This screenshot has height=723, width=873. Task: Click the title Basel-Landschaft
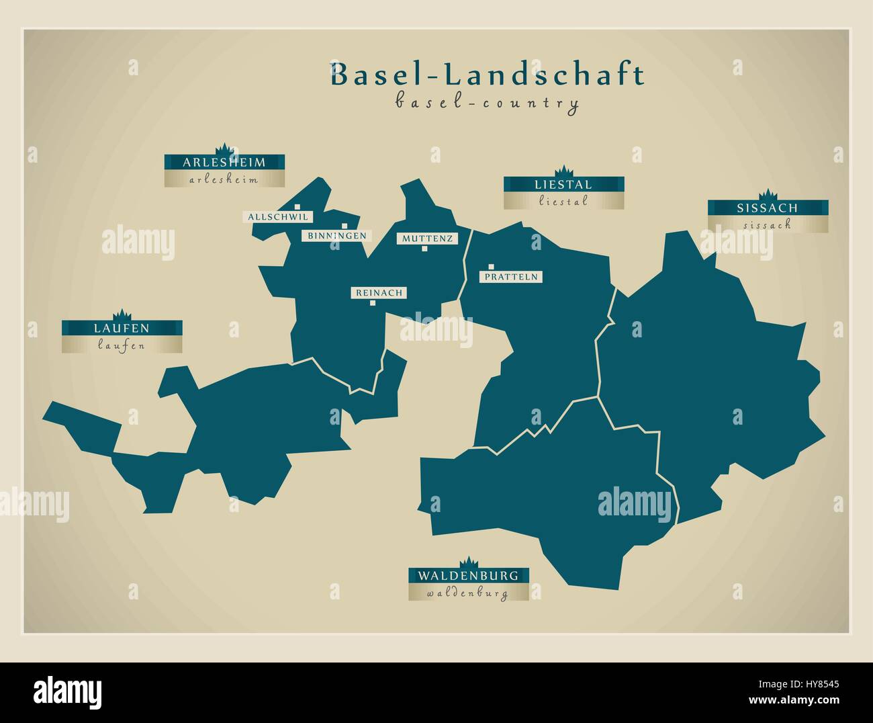pos(487,75)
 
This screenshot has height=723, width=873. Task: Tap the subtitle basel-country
pos(487,103)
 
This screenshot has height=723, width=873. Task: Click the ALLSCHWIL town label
pos(278,217)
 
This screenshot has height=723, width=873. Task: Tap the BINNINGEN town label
pos(336,235)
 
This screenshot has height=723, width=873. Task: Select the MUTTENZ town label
pos(427,239)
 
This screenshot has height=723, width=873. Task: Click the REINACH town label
pos(379,293)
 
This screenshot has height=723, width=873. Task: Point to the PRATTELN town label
pos(511,277)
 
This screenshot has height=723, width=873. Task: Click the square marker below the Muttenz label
pos(424,249)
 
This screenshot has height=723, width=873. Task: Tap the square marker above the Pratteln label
pos(492,267)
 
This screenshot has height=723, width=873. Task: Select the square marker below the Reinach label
pos(373,303)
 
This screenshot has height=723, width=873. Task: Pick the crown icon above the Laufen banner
pos(122,314)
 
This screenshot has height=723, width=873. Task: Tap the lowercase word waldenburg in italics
pos(468,593)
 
